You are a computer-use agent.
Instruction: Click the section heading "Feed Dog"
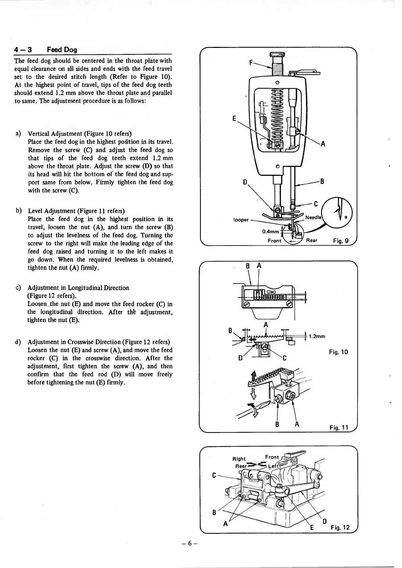click(62, 50)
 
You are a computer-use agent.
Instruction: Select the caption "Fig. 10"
click(338, 352)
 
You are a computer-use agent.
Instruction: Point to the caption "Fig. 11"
click(338, 428)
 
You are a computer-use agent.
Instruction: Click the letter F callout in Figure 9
click(251, 62)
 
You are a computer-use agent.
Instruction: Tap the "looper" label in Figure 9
click(241, 220)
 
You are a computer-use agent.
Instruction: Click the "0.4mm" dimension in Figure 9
click(270, 231)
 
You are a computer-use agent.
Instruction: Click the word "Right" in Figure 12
click(239, 459)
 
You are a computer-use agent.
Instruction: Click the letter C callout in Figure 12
click(214, 475)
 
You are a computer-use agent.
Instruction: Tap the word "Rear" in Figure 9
click(312, 240)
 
